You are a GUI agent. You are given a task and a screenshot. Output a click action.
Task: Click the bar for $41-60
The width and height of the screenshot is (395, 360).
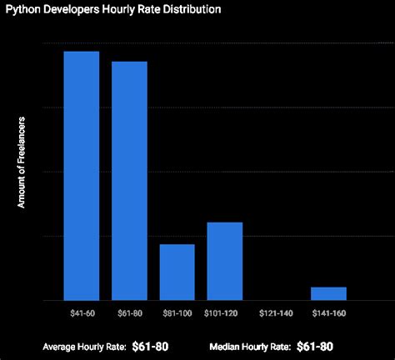(x=82, y=175)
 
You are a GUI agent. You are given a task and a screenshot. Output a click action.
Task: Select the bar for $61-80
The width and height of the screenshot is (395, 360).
(x=129, y=180)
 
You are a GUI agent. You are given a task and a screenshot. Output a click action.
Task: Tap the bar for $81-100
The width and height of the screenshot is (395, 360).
(x=177, y=272)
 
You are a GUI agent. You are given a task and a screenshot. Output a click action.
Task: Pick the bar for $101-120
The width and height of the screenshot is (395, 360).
(x=224, y=261)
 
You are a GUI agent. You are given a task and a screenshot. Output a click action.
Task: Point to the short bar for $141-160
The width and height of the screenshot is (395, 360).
(x=328, y=293)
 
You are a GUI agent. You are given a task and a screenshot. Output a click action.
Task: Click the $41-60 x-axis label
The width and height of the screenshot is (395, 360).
(x=82, y=312)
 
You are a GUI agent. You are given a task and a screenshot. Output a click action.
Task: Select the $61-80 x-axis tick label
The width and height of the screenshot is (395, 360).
(x=129, y=312)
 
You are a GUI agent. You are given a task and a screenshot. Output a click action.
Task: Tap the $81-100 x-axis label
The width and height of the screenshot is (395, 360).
(x=177, y=312)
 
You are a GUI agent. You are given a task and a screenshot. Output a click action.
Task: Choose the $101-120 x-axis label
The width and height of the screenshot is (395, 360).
(x=225, y=312)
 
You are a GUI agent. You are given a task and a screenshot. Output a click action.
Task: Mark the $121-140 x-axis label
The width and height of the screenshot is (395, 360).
(x=276, y=312)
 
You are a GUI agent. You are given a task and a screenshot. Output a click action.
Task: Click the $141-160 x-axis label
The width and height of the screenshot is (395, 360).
(x=328, y=312)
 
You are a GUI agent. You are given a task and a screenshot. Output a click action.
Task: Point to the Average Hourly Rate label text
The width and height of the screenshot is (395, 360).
(x=83, y=345)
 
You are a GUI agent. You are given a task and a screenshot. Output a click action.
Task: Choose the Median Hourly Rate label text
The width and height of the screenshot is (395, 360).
(x=249, y=345)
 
